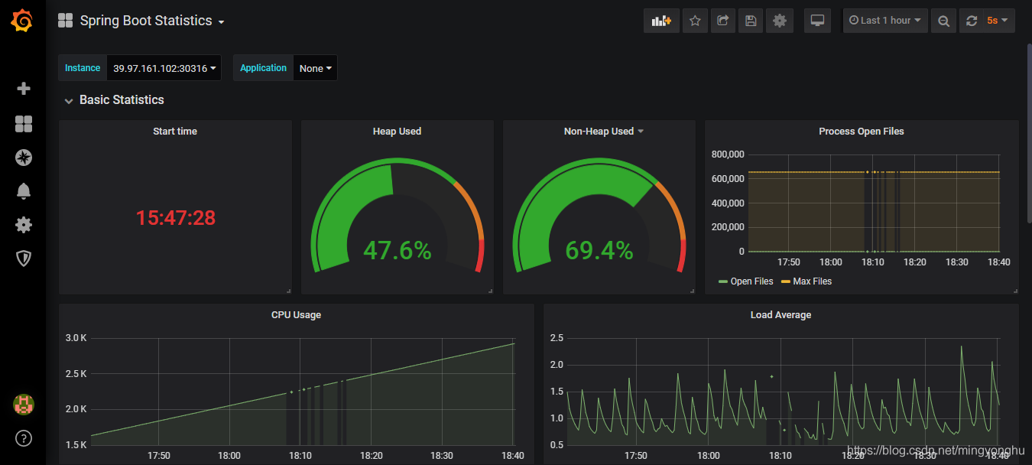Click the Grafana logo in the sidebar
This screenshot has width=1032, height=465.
(x=22, y=21)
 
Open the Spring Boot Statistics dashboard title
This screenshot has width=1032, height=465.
(x=146, y=21)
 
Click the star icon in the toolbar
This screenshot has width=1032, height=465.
(x=694, y=21)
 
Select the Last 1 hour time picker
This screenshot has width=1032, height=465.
(x=885, y=21)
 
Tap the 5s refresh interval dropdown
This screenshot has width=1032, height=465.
(x=997, y=21)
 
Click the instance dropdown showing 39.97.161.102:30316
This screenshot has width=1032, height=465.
(x=164, y=68)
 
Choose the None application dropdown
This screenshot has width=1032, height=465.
(x=315, y=68)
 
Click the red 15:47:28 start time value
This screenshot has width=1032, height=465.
(x=176, y=218)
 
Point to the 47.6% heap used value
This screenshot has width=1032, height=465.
(x=397, y=250)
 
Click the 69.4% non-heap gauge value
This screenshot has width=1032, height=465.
(x=599, y=250)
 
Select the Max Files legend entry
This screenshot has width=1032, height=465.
(x=811, y=281)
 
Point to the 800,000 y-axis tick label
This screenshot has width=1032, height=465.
(x=727, y=154)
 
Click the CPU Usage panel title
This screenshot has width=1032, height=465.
(x=296, y=315)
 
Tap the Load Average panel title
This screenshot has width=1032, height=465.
(x=780, y=315)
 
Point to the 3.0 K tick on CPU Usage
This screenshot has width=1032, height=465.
(x=76, y=338)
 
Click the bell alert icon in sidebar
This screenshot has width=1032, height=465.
(x=24, y=191)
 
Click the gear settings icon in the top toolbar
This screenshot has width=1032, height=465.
(x=779, y=21)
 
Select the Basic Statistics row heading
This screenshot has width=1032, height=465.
(x=122, y=100)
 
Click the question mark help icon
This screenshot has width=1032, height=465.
(x=24, y=438)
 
